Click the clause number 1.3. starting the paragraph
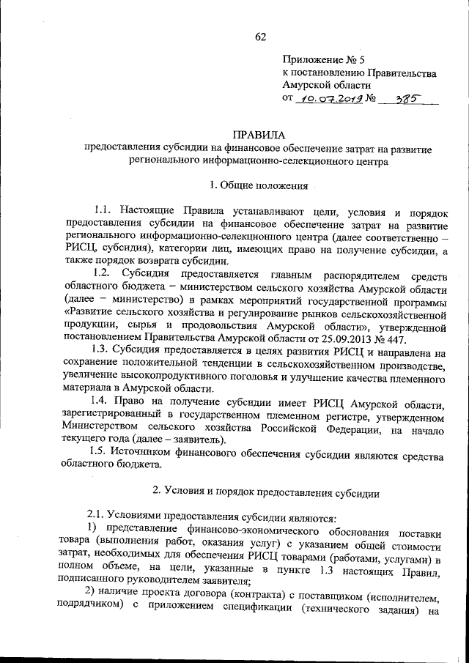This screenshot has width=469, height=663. point(102,352)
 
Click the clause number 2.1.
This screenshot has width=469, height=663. point(98,516)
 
